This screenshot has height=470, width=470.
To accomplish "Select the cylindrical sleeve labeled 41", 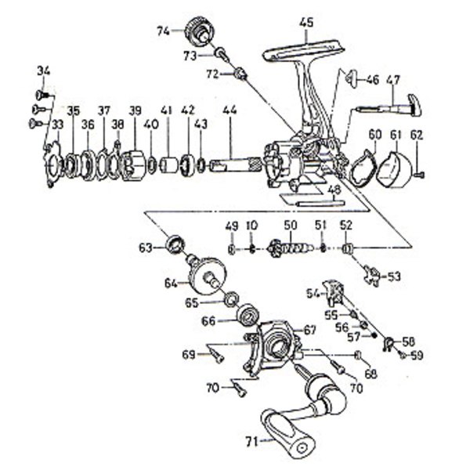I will tap(168, 165).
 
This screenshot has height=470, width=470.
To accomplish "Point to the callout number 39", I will tap(135, 110).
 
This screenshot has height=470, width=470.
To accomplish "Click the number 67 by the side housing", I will tap(309, 330).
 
